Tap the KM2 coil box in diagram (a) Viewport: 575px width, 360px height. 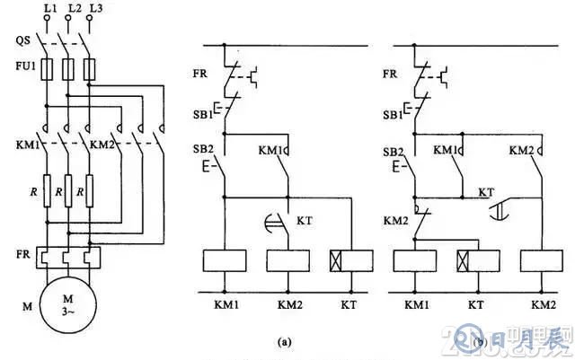(288, 260)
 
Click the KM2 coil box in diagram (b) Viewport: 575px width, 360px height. (541, 260)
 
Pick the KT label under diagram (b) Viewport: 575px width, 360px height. (478, 305)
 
